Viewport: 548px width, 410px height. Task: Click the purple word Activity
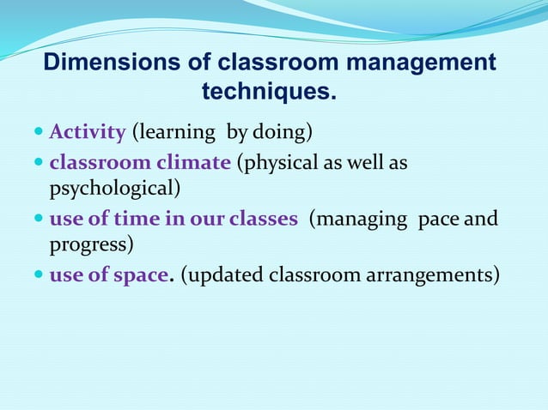click(88, 133)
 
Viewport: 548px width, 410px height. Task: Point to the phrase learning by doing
click(221, 133)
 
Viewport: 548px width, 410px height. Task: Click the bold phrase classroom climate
click(139, 162)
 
